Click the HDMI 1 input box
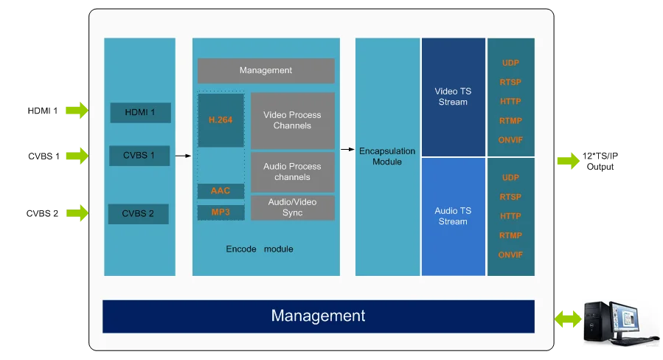(x=140, y=113)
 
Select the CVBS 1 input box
(x=140, y=156)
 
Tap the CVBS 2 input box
(x=139, y=214)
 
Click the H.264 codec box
(x=221, y=120)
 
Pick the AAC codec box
(x=221, y=191)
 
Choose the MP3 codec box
(x=221, y=212)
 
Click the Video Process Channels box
(x=292, y=120)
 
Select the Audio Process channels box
(x=292, y=172)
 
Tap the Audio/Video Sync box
(x=292, y=208)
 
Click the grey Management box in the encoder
(x=265, y=71)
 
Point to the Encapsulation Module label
(x=387, y=156)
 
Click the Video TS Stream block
(x=453, y=97)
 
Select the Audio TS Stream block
(x=453, y=216)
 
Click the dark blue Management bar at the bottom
(x=318, y=316)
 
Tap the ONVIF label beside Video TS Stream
(x=510, y=139)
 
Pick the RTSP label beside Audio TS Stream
(x=510, y=197)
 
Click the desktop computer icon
(x=619, y=321)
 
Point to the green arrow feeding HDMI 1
(x=76, y=111)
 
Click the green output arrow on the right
(x=569, y=160)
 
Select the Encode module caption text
(x=260, y=249)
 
